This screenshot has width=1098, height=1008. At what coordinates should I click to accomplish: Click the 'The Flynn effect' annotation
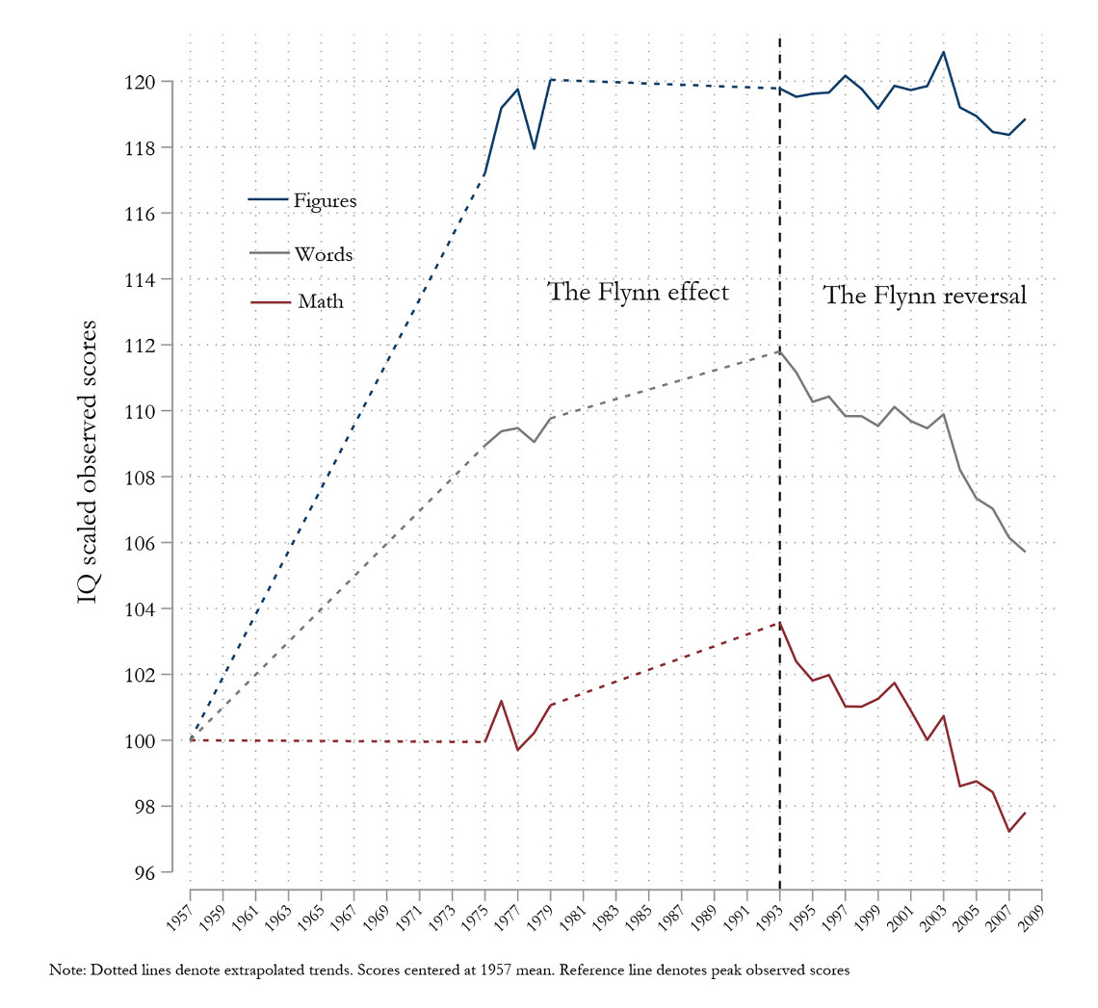pos(638,292)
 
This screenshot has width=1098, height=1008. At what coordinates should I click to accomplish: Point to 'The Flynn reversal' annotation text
pos(925,296)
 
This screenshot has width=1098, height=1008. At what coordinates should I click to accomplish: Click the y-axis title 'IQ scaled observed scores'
pos(88,462)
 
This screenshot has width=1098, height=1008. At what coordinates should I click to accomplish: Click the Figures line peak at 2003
pos(944,52)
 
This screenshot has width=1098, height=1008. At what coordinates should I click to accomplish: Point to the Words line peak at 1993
pos(779,350)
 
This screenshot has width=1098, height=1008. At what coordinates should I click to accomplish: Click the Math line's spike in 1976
pos(502,701)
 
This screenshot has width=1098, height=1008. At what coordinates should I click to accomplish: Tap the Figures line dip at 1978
pos(534,148)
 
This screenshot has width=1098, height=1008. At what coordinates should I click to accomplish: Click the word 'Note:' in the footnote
pos(67,970)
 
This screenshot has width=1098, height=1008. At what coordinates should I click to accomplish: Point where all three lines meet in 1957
pos(191,739)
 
